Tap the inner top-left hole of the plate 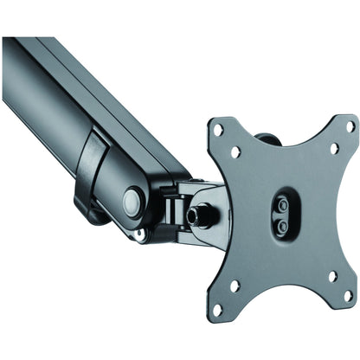235,151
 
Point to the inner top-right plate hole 333,148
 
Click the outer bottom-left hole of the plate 217,306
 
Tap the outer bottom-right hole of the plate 349,297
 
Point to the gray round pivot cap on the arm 132,203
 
